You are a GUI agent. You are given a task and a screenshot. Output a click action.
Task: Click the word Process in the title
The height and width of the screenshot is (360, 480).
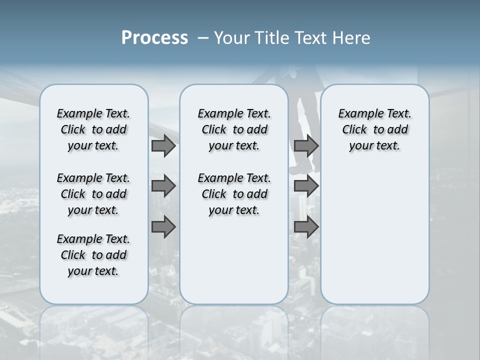154,38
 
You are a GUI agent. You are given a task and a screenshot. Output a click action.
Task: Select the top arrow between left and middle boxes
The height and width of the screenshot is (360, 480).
163,146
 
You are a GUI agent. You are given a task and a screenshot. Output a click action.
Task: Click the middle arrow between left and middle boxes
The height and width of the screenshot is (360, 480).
163,186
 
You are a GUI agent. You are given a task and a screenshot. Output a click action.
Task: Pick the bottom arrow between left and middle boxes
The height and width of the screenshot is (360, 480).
163,227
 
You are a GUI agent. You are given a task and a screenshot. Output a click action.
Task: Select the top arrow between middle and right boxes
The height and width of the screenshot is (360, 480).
306,146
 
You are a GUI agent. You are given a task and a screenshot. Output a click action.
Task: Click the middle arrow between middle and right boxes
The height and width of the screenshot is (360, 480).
306,186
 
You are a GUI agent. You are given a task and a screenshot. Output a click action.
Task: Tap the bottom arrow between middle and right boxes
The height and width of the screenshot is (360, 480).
306,227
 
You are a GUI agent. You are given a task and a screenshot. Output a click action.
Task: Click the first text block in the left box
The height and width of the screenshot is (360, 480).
93,129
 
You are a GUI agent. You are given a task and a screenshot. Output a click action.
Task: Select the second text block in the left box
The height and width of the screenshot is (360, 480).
93,194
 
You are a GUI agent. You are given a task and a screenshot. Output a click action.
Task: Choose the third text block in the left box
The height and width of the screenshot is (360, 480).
93,255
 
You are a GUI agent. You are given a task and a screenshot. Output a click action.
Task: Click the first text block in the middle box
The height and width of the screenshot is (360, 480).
234,129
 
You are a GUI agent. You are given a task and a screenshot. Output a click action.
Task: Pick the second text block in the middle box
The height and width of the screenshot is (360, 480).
234,194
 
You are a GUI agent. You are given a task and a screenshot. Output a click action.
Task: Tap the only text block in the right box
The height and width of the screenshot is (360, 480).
374,129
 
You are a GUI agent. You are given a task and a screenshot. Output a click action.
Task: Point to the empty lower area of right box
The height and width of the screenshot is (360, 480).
374,235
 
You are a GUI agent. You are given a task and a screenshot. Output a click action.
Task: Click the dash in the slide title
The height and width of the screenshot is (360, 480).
203,38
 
